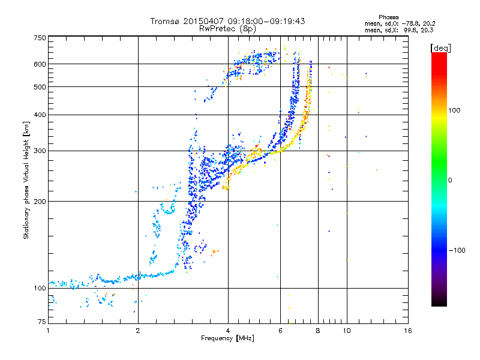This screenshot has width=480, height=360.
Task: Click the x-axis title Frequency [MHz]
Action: pos(228,339)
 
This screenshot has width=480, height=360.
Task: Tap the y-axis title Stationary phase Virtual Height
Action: pos(26,180)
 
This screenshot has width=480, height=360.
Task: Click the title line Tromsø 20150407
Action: pos(228,21)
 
